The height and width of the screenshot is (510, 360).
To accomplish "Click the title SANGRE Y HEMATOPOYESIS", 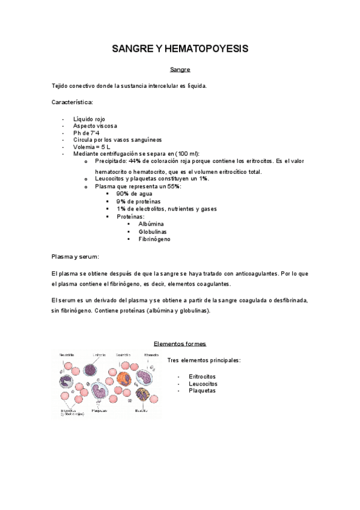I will pos(180,49).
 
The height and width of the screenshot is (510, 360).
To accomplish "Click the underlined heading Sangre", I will pos(180,70).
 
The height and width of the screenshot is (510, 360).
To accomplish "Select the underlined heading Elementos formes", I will pos(180,343).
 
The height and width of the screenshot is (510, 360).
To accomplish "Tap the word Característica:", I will pos(73,102).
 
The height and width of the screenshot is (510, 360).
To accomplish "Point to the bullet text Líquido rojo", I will pos(89,119).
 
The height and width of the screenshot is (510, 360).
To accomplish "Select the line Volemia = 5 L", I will pos(91,147).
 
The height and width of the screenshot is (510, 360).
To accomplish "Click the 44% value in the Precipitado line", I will pos(135,161).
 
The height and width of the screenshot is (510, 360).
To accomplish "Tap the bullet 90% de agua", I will pos(134,194).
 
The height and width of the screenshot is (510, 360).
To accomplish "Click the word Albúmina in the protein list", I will pos(151,224).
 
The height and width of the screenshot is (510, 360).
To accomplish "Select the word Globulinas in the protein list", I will pos(153,232).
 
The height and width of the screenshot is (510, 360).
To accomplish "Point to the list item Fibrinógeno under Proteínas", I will pos(154,239).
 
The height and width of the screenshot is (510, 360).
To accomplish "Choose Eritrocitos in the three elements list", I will pos(203,376).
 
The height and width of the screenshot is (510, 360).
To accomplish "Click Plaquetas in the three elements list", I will pos(202,391).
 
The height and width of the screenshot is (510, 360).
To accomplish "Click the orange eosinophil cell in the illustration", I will pos(124,379).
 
